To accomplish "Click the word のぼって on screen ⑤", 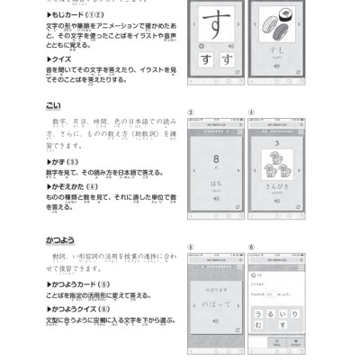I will tap(216, 306).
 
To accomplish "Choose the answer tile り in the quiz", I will tap(294, 314).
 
